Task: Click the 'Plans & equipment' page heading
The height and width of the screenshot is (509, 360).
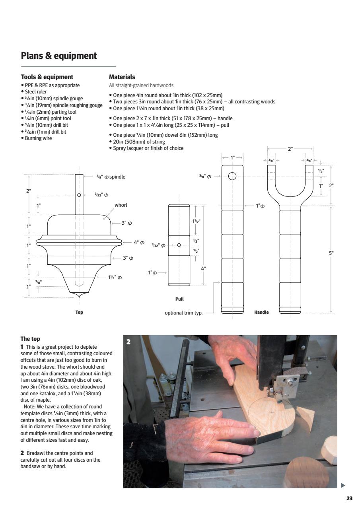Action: coord(58,56)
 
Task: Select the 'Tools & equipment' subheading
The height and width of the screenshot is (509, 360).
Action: coord(47,77)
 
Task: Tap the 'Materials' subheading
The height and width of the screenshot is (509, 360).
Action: coord(122,77)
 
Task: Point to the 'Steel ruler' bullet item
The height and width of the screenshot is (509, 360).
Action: coord(35,91)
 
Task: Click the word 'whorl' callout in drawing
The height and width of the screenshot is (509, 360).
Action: coord(121,205)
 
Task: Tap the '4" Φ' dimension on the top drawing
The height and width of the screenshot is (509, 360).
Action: coord(139,243)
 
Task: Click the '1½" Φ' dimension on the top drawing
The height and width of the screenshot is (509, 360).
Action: coord(115,278)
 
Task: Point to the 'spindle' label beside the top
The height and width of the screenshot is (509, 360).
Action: coord(117,177)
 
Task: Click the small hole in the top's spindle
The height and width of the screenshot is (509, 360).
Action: coord(79,195)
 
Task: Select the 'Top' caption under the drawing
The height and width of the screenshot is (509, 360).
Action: coord(79,312)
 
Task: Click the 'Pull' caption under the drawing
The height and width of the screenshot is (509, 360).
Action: coord(179,299)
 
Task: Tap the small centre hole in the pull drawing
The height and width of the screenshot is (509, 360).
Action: coord(179,245)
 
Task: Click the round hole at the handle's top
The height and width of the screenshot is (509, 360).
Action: coord(232,176)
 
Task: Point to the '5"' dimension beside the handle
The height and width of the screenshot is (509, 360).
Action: coord(331,253)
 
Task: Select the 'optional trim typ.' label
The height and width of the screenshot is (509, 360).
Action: coord(183,313)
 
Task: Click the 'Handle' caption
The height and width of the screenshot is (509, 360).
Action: coord(261,312)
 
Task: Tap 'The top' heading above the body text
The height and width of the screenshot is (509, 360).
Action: coord(30,339)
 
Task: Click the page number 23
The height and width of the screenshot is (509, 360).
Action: coord(349,499)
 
